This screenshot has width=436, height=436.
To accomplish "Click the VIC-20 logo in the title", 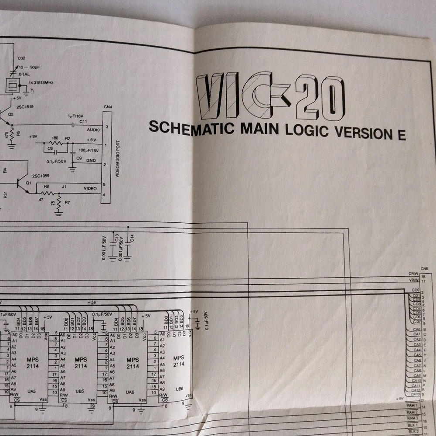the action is (270, 97).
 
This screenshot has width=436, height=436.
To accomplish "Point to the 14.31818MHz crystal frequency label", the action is (41, 82).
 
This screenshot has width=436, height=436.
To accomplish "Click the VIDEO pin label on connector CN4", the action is (90, 188).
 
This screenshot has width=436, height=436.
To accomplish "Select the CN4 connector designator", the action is (107, 107).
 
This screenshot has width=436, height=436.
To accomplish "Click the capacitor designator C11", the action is (84, 122).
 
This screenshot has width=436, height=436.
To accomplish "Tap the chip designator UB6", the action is (179, 388).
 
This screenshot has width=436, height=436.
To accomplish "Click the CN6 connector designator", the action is (424, 269).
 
